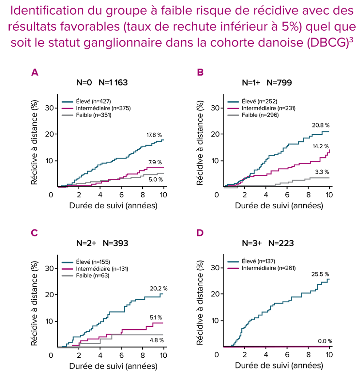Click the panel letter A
pos(35,72)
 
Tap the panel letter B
pos(200,72)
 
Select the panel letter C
pos(34,233)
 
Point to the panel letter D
pos(200,233)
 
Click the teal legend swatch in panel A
pos(67,102)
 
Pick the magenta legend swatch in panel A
pos(67,108)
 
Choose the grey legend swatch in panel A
pos(67,115)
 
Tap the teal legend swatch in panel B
pos(233,102)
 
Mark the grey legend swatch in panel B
pos(233,115)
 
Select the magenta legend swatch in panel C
pos(67,269)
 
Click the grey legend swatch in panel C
pos(67,276)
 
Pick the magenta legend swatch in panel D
pos(233,268)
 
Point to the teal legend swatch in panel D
pos(233,262)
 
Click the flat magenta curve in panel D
pos(277,347)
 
